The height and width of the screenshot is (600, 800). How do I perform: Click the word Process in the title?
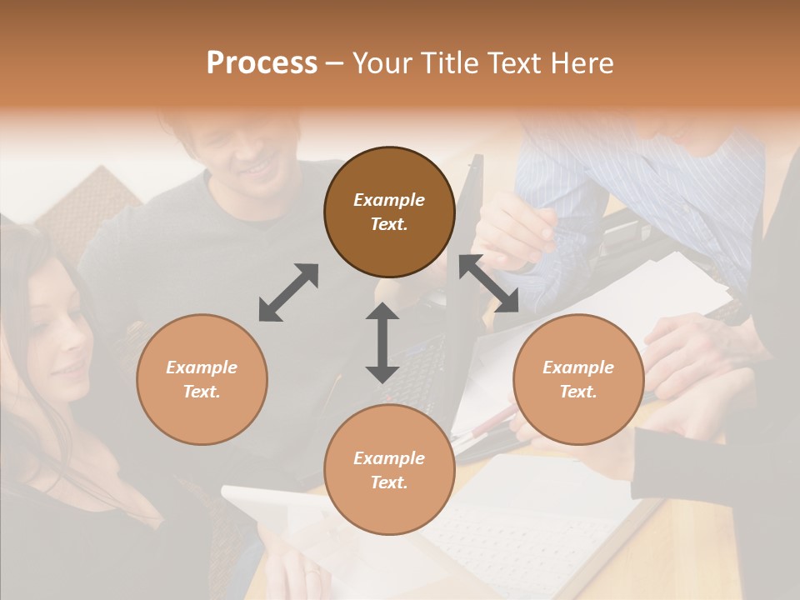tap(262, 63)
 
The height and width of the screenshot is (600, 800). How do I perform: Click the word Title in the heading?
tap(442, 63)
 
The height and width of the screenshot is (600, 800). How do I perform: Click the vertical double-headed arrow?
tap(382, 343)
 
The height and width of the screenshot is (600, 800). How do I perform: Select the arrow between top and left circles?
tap(288, 292)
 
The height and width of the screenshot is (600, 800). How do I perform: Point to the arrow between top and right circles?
tap(488, 284)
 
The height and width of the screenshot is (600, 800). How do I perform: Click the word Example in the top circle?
tap(389, 200)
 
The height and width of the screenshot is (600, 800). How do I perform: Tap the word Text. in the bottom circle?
tap(389, 482)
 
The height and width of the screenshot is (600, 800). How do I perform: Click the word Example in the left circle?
tap(202, 367)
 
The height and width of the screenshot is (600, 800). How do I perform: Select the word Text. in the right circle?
tap(578, 391)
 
